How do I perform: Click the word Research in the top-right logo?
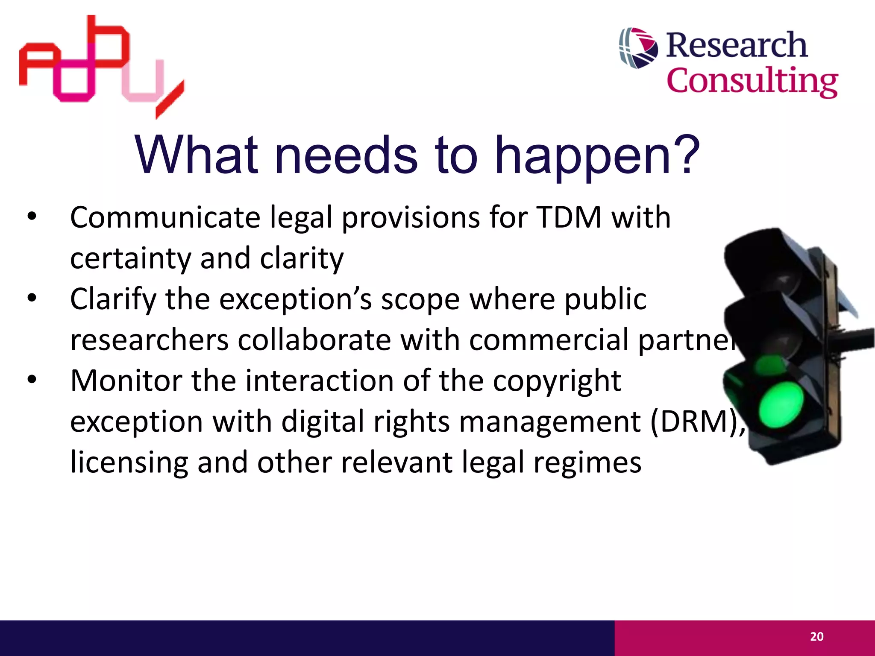pyautogui.click(x=737, y=45)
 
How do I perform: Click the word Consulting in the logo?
pyautogui.click(x=752, y=81)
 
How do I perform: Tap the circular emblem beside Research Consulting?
pyautogui.click(x=638, y=48)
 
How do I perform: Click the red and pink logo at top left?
pyautogui.click(x=101, y=64)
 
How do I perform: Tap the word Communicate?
pyautogui.click(x=165, y=217)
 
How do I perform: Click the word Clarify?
pyautogui.click(x=113, y=300)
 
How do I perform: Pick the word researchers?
pyautogui.click(x=150, y=340)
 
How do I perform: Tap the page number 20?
pyautogui.click(x=816, y=637)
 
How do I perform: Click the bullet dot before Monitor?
pyautogui.click(x=32, y=379)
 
